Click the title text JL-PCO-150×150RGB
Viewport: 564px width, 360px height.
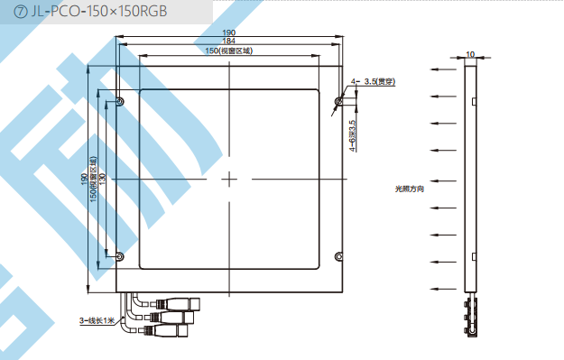[x=99, y=12]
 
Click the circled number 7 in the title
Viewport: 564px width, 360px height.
[x=20, y=12]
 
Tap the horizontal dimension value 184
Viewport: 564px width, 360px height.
[x=229, y=41]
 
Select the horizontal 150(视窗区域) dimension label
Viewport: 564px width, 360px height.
[x=229, y=51]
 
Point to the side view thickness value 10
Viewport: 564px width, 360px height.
[x=470, y=54]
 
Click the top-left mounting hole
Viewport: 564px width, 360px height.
[x=120, y=102]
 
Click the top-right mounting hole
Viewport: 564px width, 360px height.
[x=338, y=101]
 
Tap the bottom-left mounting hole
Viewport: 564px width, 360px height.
[x=120, y=257]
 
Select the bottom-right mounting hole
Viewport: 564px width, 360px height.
[x=338, y=257]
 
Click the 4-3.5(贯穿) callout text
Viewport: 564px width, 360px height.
[x=373, y=81]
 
